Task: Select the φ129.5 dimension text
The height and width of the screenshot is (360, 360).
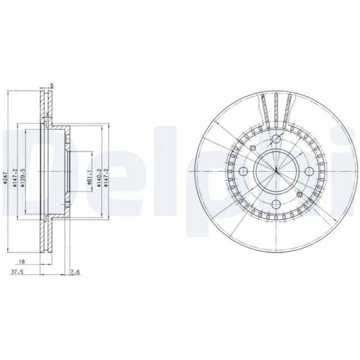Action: pyautogui.click(x=23, y=178)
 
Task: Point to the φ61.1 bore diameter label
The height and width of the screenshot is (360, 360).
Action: pyautogui.click(x=88, y=178)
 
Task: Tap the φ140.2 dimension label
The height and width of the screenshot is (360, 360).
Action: pyautogui.click(x=99, y=179)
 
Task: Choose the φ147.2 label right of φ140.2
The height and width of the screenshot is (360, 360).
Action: pyautogui.click(x=107, y=179)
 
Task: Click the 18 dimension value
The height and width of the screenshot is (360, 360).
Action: pyautogui.click(x=22, y=262)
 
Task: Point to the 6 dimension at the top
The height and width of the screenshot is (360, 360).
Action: pyautogui.click(x=52, y=87)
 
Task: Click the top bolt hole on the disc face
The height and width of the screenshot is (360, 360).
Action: pyautogui.click(x=276, y=140)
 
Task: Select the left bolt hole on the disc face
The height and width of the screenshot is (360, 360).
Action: pyautogui.click(x=243, y=172)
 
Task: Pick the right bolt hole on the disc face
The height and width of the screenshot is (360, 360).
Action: pyautogui.click(x=308, y=173)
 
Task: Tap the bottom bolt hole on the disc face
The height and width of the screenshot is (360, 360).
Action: pyautogui.click(x=276, y=205)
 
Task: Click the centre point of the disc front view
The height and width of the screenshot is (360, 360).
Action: pyautogui.click(x=276, y=173)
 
